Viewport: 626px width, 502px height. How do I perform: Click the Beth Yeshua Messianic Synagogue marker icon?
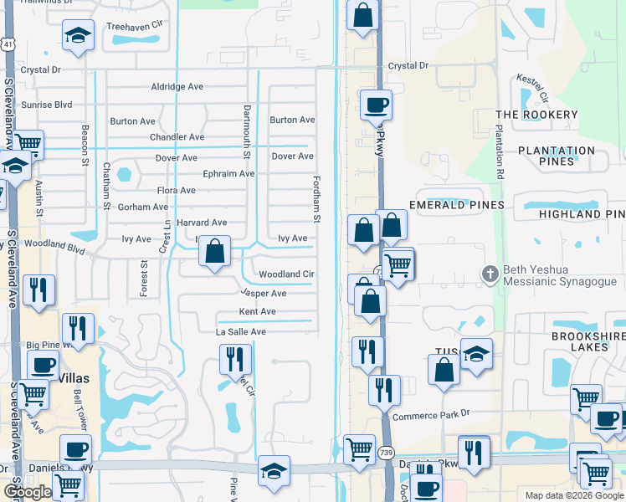[x=491, y=274]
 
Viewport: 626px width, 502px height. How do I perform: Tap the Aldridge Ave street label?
[x=177, y=86]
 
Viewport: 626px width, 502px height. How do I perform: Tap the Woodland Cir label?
[x=286, y=274]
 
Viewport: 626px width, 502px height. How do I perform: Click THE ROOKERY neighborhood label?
[x=536, y=115]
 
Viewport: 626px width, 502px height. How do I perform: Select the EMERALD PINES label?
[x=456, y=205]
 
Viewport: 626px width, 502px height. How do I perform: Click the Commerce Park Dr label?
[x=432, y=415]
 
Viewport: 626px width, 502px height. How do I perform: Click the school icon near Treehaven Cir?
[x=78, y=36]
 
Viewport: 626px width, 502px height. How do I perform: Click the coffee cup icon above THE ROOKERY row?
[x=376, y=105]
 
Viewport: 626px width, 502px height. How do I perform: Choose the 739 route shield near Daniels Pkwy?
[x=386, y=453]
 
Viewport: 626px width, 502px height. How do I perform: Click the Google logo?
[x=27, y=492]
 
